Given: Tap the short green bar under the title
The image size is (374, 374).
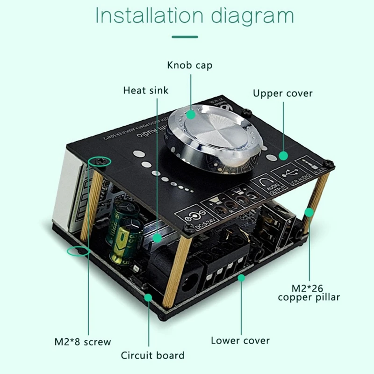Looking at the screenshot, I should point(185,36).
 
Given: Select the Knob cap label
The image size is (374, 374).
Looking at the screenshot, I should point(189,65).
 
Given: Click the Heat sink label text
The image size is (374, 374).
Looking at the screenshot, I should point(146,90).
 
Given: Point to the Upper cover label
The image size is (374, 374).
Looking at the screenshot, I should point(283,93).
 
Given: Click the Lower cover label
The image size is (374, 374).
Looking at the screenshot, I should point(240,340).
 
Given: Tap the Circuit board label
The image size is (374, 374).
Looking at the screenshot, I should point(153,355).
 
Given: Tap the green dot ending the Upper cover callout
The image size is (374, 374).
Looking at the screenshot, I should point(283,155).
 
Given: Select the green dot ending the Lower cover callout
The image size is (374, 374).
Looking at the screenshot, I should point(241,278).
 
